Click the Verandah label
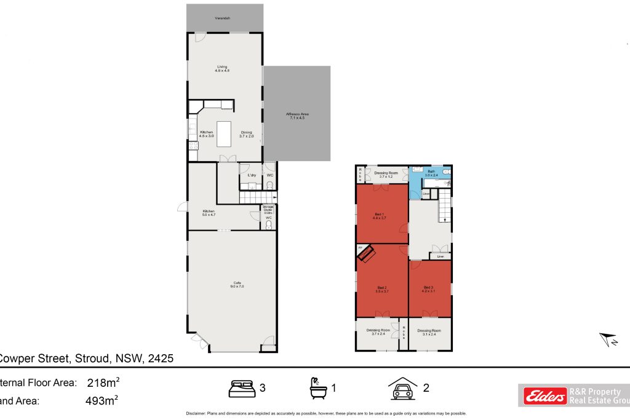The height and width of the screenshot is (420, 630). [222, 19]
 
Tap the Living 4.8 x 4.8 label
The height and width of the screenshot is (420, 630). [222, 68]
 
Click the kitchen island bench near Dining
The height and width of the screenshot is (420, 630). [223, 133]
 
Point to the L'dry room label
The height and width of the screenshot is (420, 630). [251, 176]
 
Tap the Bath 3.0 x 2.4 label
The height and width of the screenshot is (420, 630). [431, 173]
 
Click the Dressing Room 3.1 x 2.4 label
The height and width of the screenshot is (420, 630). [429, 333]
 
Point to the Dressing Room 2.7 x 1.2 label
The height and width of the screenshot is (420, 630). [385, 175]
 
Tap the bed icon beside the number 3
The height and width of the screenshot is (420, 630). [242, 388]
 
